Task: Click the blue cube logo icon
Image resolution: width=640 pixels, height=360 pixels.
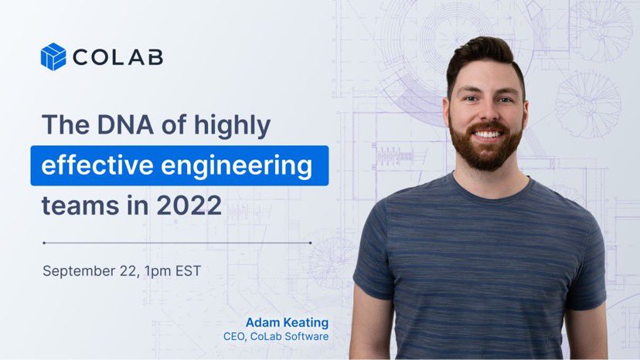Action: [x=53, y=56]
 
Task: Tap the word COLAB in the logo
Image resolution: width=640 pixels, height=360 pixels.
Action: [x=118, y=57]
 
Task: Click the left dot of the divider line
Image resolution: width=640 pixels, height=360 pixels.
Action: [x=44, y=242]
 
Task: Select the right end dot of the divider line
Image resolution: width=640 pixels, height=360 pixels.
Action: [x=311, y=242]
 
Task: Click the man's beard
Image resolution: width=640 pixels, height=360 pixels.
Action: [x=488, y=151]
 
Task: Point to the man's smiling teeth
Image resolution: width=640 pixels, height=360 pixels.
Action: [x=488, y=134]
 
